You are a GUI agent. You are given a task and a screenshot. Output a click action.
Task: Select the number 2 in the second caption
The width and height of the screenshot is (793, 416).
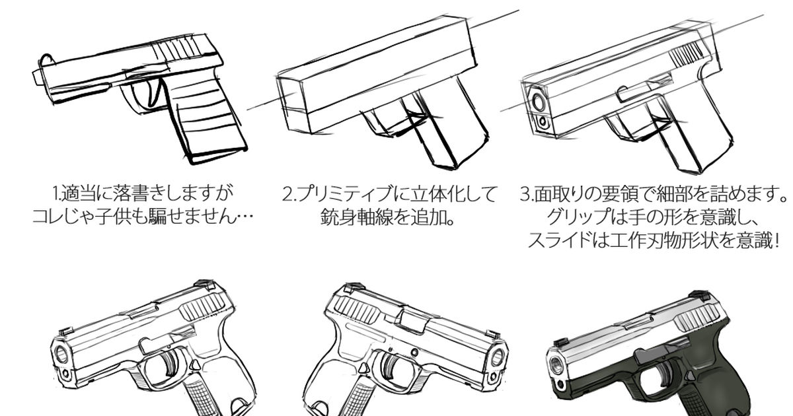coord(287,195)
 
